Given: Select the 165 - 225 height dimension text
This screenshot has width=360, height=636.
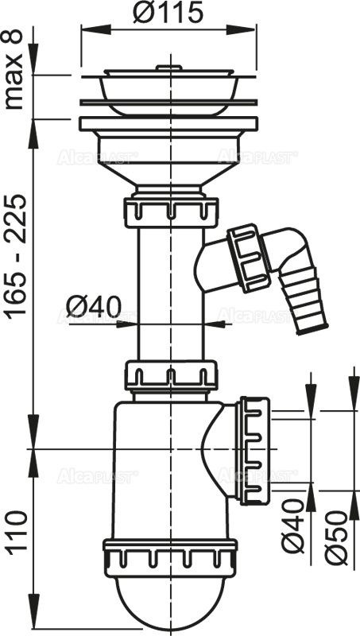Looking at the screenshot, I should point(15,254).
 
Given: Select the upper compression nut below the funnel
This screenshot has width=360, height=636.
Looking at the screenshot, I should point(171,211).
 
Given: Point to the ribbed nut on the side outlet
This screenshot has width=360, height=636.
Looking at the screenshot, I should point(256,450).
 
